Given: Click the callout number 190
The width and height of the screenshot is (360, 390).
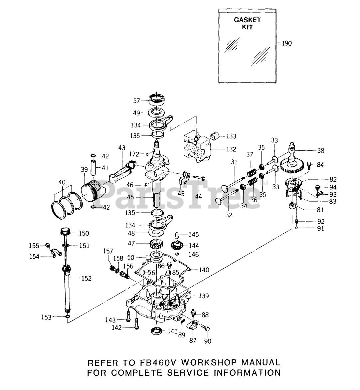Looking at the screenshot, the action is (x=287, y=43).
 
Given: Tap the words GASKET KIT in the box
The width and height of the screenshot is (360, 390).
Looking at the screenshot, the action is (x=247, y=23).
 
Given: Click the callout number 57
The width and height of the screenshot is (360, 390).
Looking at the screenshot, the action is (x=137, y=101).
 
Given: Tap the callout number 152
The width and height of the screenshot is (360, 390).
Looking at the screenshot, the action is (x=86, y=278).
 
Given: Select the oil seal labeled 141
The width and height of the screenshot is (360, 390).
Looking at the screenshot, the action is (x=157, y=331).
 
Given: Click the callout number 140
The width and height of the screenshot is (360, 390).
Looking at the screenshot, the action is (x=204, y=270).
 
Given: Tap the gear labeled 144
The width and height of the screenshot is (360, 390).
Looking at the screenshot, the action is (x=178, y=246).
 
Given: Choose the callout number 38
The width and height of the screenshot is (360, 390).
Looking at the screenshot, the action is (x=321, y=150).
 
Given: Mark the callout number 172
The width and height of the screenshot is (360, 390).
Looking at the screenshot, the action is (x=134, y=154).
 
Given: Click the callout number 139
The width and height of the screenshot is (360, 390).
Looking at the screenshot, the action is (x=204, y=296).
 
